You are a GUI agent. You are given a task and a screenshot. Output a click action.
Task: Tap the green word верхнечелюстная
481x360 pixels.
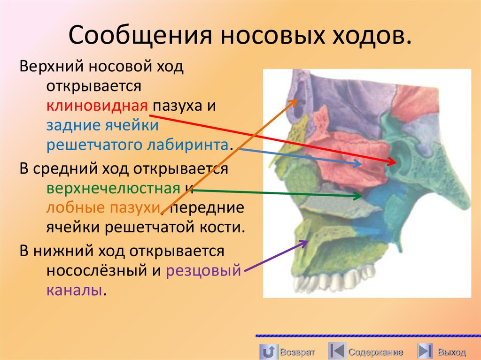click(x=113, y=188)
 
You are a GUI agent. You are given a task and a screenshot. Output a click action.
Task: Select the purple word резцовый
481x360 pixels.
click(x=203, y=270)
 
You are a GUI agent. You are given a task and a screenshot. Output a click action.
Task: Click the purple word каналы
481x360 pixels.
click(x=74, y=290)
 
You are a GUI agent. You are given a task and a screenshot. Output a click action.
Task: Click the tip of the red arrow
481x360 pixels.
click(x=395, y=163)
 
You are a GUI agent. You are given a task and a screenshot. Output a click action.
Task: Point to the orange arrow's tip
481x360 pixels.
click(x=296, y=100)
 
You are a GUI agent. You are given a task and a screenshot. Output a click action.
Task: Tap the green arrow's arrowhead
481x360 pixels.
click(x=360, y=194)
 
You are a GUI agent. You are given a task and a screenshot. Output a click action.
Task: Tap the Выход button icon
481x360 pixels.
click(x=425, y=351)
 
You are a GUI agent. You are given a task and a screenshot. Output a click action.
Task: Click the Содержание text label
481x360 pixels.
click(x=375, y=352)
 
